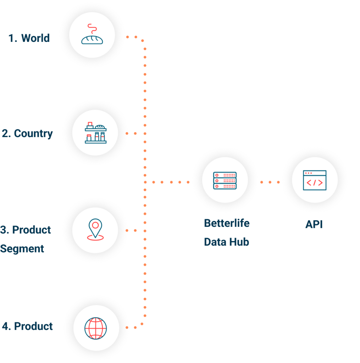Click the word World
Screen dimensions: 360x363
[35, 38]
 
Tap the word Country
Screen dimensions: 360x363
[33, 134]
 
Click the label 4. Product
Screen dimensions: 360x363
[27, 326]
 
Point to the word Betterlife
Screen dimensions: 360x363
[227, 223]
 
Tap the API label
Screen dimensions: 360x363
[314, 224]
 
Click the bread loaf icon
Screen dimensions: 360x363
[92, 40]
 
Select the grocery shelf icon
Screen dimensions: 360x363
[96, 133]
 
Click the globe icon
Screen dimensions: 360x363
[95, 328]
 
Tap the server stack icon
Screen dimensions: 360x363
[225, 180]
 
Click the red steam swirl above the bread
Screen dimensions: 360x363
[92, 29]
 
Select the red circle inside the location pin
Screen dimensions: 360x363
[95, 225]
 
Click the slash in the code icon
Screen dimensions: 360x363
[315, 183]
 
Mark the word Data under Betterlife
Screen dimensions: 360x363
[215, 242]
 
